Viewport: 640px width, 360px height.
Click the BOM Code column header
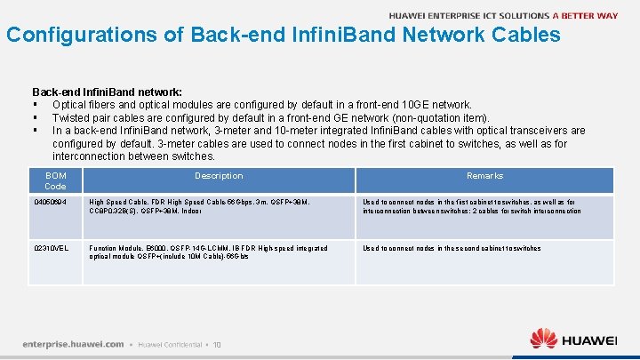pyautogui.click(x=55, y=180)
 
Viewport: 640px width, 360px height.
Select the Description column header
pyautogui.click(x=219, y=176)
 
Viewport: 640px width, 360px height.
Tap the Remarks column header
pyautogui.click(x=484, y=176)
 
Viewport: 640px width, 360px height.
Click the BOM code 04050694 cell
pyautogui.click(x=50, y=203)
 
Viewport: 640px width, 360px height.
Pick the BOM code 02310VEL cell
pyautogui.click(x=51, y=248)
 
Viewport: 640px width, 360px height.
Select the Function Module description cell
pyautogui.click(x=209, y=252)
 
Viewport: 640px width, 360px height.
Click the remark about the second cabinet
pyautogui.click(x=452, y=249)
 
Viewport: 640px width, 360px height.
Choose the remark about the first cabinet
pyautogui.click(x=471, y=207)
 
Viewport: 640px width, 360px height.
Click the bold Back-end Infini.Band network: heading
pyautogui.click(x=107, y=92)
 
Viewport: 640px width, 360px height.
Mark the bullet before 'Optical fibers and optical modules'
pyautogui.click(x=35, y=105)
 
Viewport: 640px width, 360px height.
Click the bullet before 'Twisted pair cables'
pyautogui.click(x=35, y=117)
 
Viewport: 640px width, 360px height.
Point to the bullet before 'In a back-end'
pyautogui.click(x=35, y=131)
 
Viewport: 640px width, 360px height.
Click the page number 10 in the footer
pyautogui.click(x=217, y=344)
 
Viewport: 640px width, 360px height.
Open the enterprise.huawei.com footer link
pyautogui.click(x=74, y=343)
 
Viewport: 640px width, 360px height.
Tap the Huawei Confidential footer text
pyautogui.click(x=171, y=344)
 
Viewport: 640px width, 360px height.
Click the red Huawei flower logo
pyautogui.click(x=543, y=339)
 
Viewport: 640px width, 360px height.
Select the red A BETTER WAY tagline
pyautogui.click(x=585, y=15)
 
